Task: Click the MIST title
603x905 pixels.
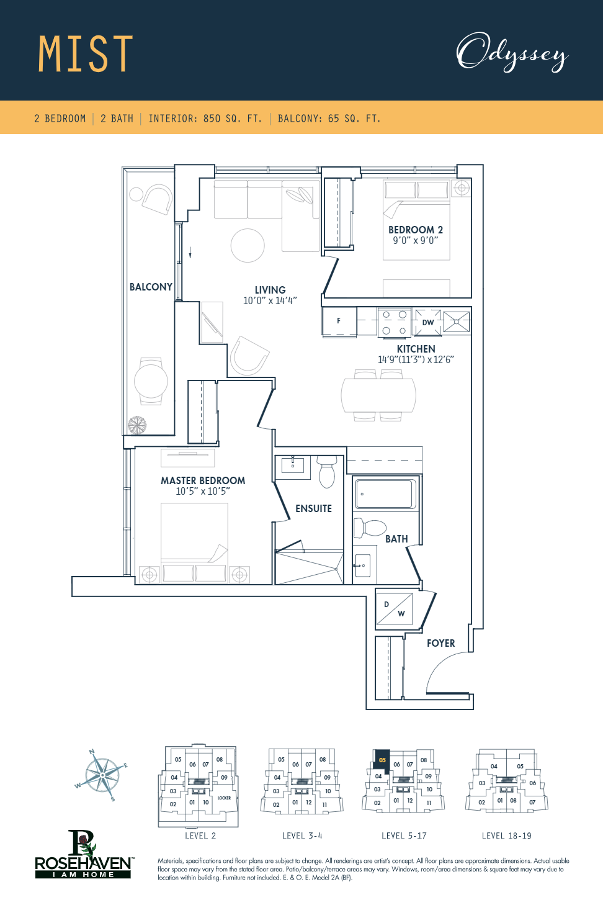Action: click(x=86, y=54)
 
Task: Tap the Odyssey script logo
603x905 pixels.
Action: click(x=512, y=53)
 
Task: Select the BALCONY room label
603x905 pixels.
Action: click(x=151, y=287)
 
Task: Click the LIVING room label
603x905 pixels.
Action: click(x=270, y=290)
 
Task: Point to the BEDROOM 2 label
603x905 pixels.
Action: click(x=415, y=230)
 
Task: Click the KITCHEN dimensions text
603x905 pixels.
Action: click(x=416, y=359)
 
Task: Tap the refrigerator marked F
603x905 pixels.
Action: click(x=339, y=322)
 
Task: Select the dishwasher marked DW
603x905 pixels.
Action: click(x=427, y=322)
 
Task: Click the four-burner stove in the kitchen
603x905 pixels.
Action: click(x=394, y=322)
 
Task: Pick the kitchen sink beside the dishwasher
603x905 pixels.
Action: click(x=457, y=322)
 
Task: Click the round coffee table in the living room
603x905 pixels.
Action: click(x=248, y=245)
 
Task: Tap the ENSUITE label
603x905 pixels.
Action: click(x=313, y=508)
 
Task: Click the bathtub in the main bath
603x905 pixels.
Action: click(x=385, y=494)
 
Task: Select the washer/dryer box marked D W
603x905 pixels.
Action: click(x=394, y=609)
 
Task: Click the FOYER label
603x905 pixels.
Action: click(x=440, y=643)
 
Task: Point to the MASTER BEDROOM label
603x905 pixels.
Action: click(x=203, y=480)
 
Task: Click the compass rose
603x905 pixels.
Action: click(x=102, y=775)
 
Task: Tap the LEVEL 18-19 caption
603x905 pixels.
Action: click(x=506, y=835)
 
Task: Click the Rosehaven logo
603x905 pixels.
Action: click(x=83, y=855)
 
